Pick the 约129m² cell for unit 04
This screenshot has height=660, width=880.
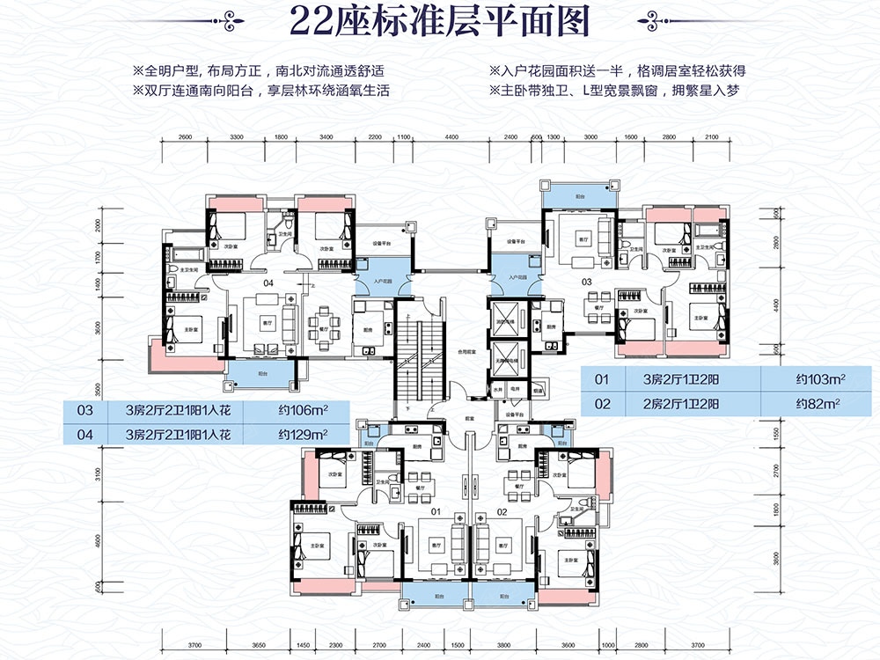[303, 433]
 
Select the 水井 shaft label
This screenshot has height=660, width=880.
[497, 387]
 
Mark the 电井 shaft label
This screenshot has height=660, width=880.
[520, 387]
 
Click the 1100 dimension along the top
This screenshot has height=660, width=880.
[404, 138]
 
